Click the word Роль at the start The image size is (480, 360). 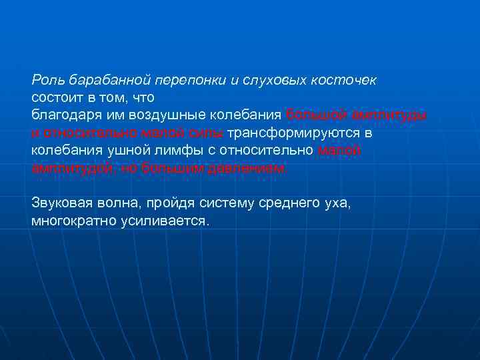click(45, 81)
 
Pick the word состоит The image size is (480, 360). click(55, 98)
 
